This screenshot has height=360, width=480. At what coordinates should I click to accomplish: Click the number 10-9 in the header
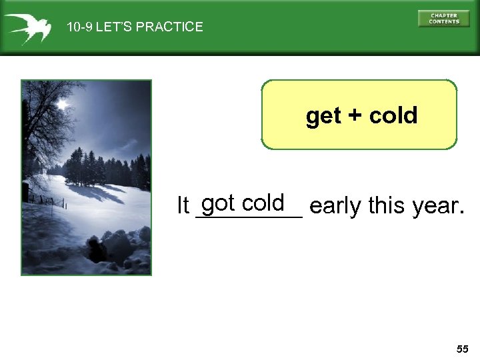pos(79,27)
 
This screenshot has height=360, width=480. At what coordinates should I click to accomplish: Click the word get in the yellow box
pos(323,116)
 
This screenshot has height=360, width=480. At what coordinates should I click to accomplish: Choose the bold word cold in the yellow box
pos(393,115)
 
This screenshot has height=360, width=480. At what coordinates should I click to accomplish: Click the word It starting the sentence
pos(183,207)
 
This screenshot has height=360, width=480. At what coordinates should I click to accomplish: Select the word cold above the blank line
pos(263,202)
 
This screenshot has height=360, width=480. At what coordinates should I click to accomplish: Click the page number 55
pos(463,349)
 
